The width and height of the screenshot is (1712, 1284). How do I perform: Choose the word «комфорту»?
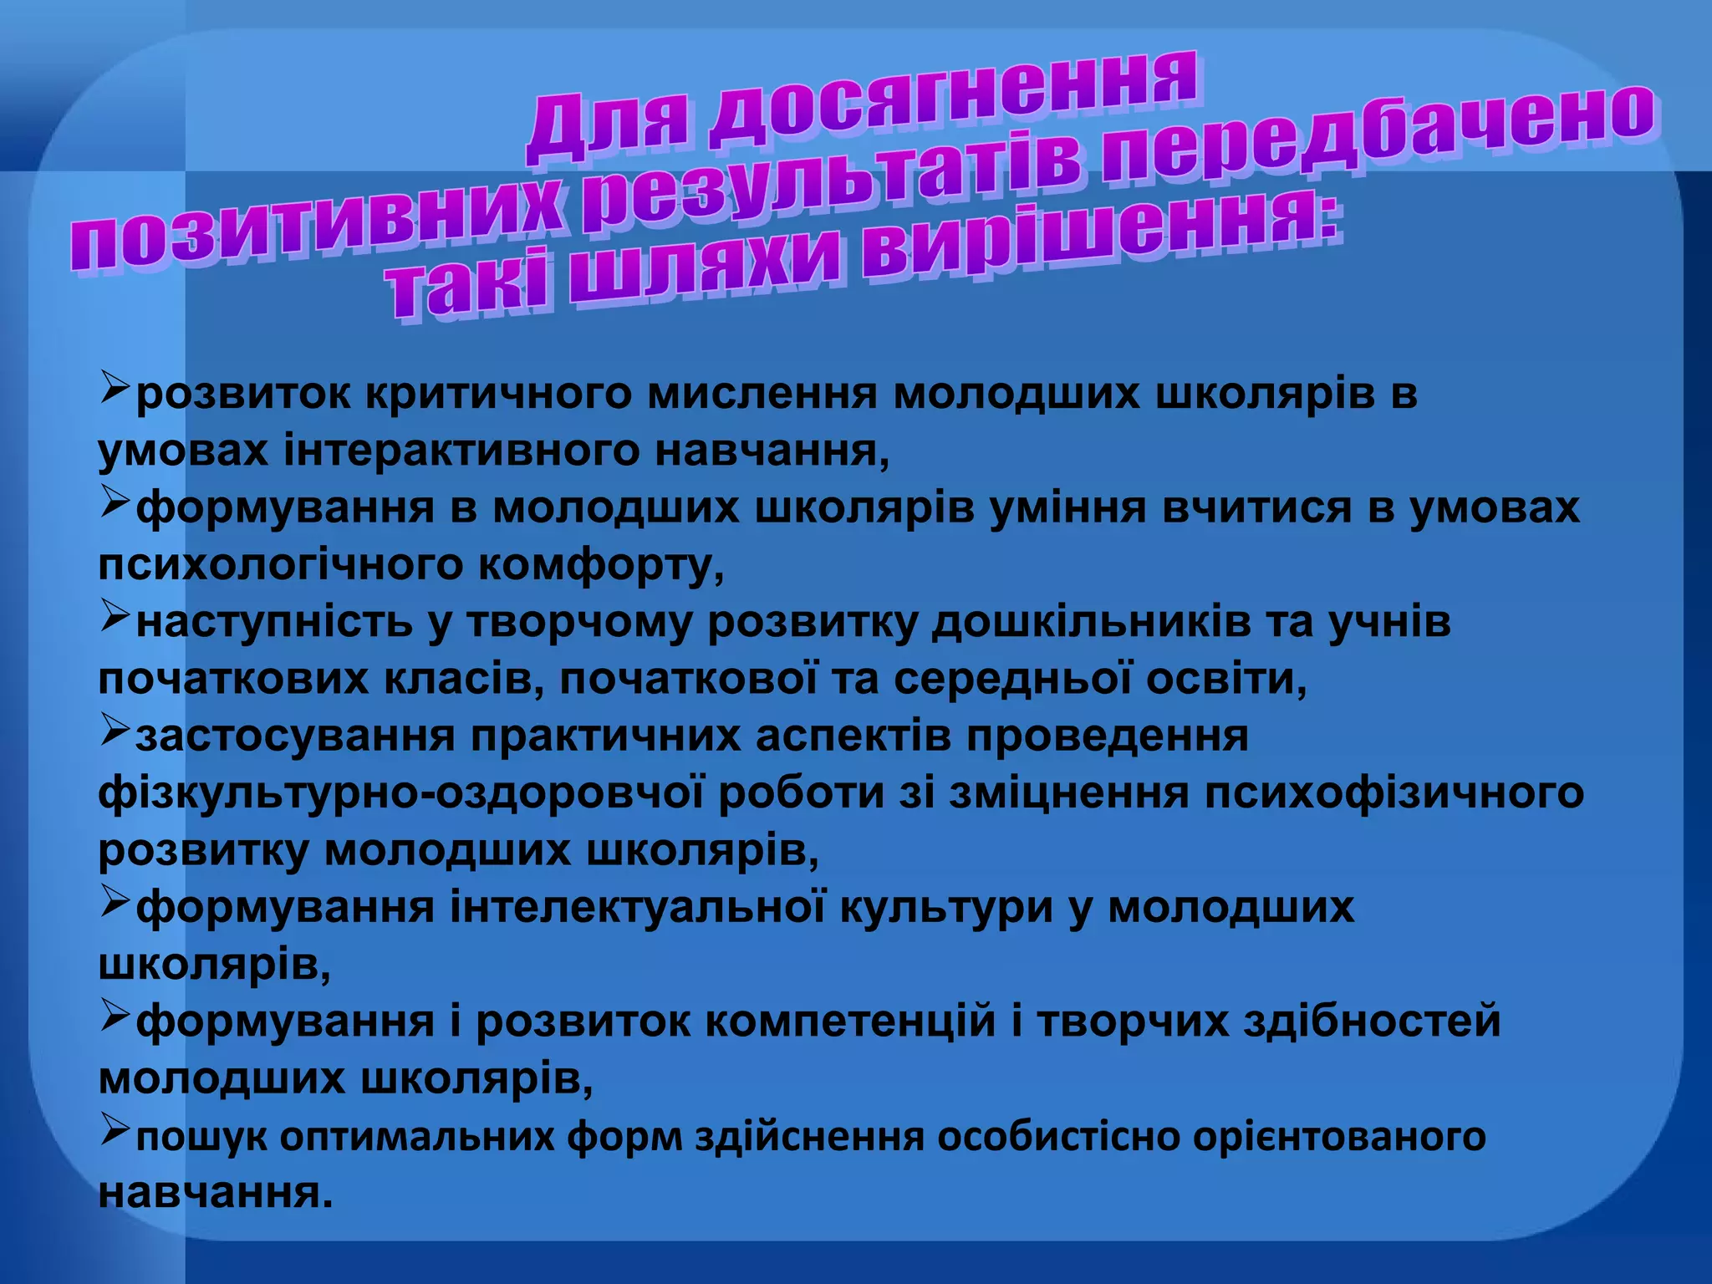tap(602, 566)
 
